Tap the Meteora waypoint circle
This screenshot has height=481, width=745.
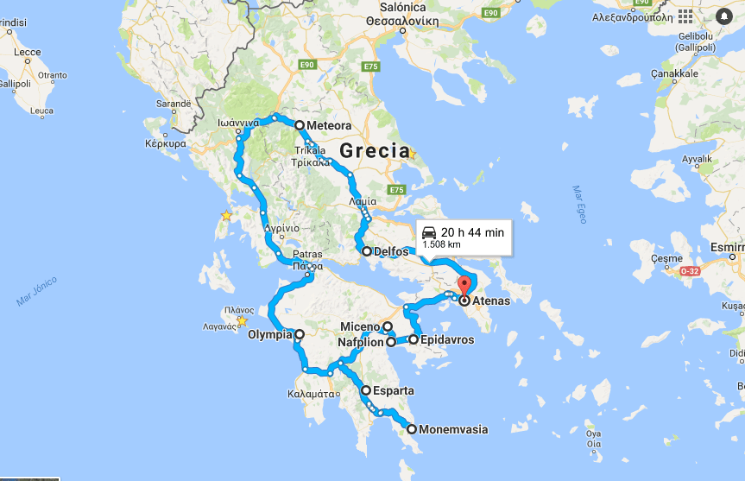tap(300, 125)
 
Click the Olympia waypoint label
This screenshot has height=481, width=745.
tap(270, 334)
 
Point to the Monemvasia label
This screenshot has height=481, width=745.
tap(453, 429)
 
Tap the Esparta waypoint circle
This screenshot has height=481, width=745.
tap(366, 390)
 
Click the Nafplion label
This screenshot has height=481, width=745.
tap(362, 343)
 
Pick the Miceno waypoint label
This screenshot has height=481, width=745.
tap(359, 326)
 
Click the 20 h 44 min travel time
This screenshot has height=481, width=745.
tap(472, 231)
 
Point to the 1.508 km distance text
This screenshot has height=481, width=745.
tap(441, 244)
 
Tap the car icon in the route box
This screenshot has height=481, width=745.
tap(430, 231)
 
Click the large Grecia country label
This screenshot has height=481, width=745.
tap(374, 150)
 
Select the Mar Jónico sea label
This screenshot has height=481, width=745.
tap(36, 291)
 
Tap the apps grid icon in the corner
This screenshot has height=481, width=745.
tap(685, 16)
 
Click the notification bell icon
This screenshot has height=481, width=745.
tap(723, 16)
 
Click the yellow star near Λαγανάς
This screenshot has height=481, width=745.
tap(242, 321)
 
